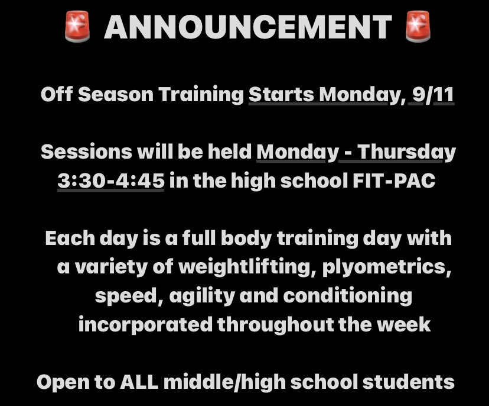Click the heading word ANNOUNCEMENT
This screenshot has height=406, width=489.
(247, 27)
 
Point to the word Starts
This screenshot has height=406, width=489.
(276, 95)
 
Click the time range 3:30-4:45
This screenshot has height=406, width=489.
(110, 181)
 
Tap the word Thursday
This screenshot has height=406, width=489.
(407, 152)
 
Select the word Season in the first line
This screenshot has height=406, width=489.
(115, 95)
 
